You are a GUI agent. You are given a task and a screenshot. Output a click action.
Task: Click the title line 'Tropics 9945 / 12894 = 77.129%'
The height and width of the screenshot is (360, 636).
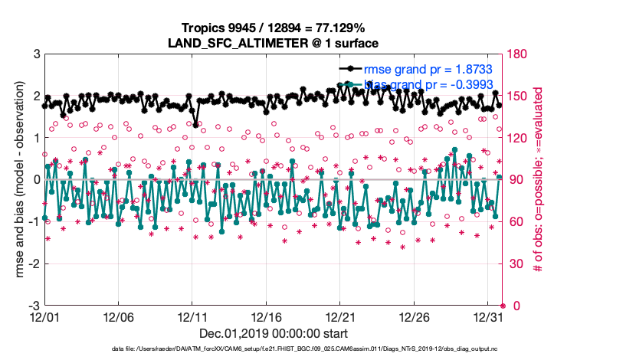[274, 29]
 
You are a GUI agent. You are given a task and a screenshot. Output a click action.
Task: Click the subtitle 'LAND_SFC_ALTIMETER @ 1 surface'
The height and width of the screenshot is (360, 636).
[274, 44]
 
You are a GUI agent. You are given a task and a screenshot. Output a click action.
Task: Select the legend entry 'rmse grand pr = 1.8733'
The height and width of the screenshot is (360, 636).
[428, 69]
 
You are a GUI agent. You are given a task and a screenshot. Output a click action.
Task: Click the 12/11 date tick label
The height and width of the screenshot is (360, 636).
[192, 316]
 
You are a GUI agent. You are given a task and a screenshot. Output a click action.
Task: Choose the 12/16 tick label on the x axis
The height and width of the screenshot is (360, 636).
[266, 316]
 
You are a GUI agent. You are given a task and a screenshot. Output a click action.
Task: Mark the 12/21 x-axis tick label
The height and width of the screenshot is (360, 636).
[340, 316]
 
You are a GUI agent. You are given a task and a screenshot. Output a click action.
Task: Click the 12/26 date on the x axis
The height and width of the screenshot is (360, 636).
[415, 316]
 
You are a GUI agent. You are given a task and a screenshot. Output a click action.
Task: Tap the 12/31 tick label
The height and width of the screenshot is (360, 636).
[488, 316]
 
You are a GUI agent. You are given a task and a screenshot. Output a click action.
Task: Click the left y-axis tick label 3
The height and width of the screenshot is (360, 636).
[36, 54]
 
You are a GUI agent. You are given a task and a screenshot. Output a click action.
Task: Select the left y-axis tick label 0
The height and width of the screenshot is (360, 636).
[36, 180]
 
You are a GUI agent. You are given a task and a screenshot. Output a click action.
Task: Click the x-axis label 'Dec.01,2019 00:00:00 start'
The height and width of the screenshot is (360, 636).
[274, 334]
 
